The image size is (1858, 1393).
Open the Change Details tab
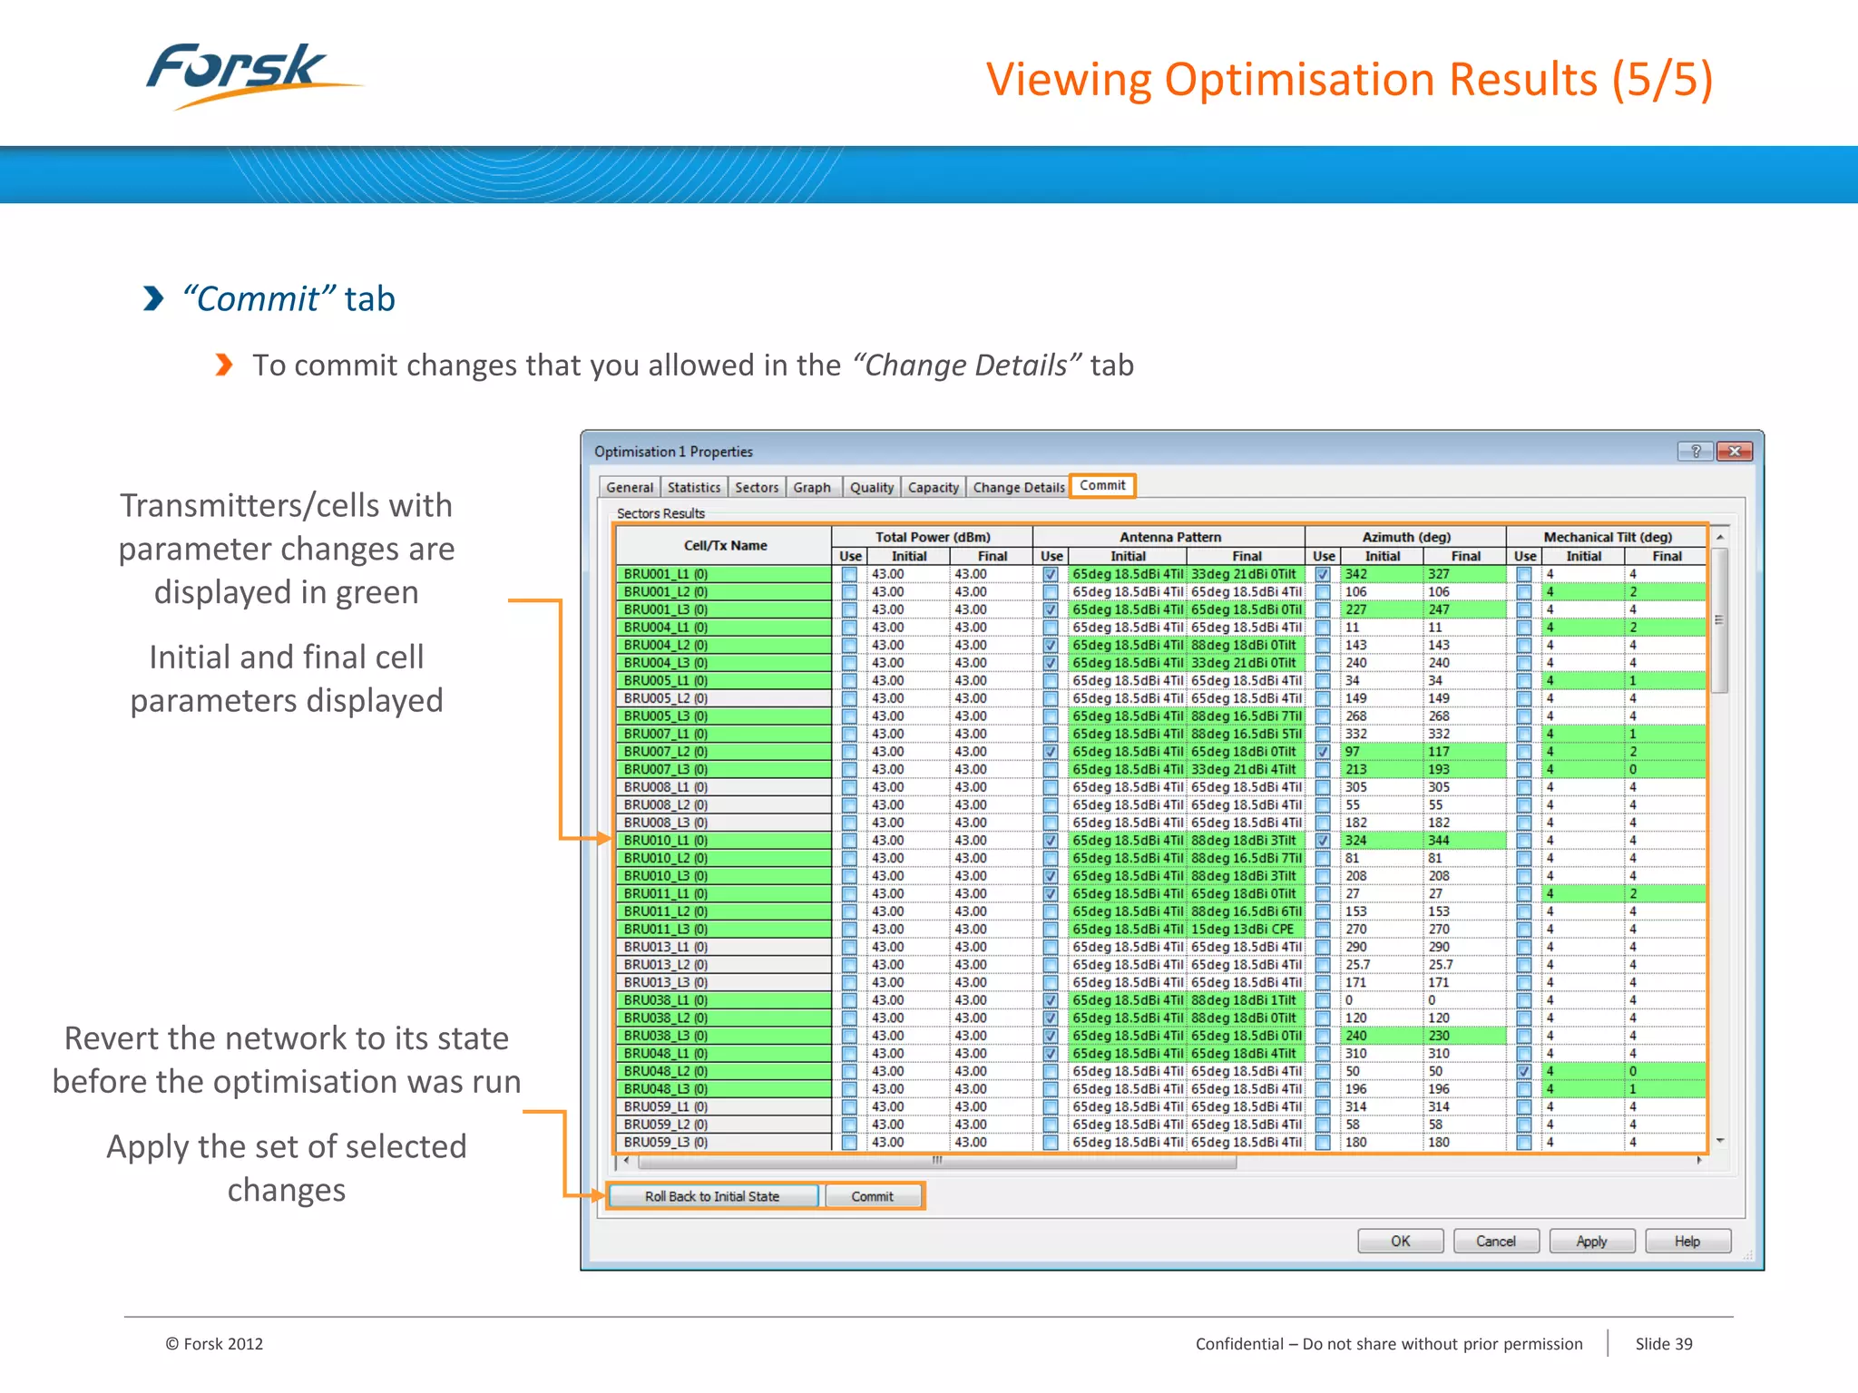point(1018,488)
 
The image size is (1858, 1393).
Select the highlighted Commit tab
point(1102,486)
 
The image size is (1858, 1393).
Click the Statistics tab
point(694,488)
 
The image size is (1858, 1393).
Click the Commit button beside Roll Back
point(873,1197)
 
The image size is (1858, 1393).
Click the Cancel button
point(1495,1242)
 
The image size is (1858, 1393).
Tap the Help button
point(1687,1242)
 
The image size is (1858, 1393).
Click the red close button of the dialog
point(1735,452)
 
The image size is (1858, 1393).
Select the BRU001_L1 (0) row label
point(666,574)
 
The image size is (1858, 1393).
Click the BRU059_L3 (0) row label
point(666,1143)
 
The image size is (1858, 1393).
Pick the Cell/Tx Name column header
point(725,546)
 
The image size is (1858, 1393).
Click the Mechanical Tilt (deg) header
point(1608,537)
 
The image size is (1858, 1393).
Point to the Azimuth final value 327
point(1439,574)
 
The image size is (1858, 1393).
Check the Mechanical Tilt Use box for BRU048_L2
point(1524,1072)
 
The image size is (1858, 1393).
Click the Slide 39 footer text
point(1664,1344)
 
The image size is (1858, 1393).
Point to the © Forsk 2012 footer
point(214,1344)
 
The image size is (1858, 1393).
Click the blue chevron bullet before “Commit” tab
point(154,298)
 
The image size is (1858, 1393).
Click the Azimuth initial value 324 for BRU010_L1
point(1356,841)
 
